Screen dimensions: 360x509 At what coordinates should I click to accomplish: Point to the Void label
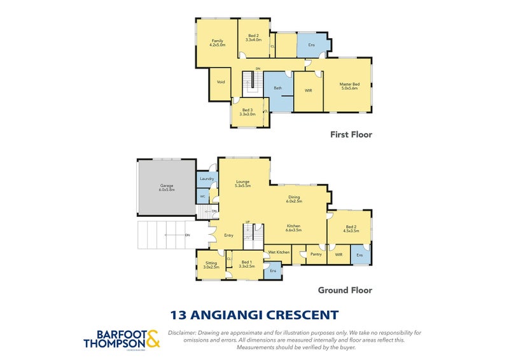coord(221,82)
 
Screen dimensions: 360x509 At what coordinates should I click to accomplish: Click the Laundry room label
coord(206,179)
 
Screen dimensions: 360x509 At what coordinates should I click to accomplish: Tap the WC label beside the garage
coord(202,197)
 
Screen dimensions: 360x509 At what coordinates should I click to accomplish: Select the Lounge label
coord(242,182)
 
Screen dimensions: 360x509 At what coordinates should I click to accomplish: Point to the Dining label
coord(294,198)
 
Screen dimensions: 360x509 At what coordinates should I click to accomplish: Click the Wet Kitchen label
coord(279,253)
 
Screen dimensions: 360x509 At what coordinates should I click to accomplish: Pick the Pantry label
coord(316,255)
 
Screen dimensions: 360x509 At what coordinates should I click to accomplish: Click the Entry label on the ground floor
coord(228,235)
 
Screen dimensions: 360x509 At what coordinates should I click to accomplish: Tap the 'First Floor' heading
coord(351,134)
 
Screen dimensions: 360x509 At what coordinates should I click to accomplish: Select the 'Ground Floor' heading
coord(345,290)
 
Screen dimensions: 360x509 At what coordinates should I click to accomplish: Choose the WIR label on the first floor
coord(308,90)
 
